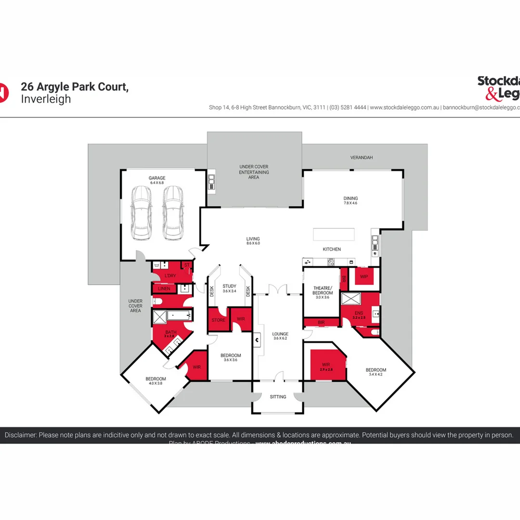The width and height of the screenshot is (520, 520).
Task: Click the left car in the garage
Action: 142,213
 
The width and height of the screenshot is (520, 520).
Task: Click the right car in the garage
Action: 173,213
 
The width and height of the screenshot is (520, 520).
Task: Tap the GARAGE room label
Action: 157,178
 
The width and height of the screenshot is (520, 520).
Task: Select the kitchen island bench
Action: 333,234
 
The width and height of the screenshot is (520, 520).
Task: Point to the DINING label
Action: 351,198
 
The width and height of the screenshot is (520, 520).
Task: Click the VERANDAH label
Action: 361,157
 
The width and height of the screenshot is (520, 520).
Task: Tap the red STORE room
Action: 218,320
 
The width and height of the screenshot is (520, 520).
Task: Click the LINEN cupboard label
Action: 164,289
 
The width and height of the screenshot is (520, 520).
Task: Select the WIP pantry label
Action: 364,277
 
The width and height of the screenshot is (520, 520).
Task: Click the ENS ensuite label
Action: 359,313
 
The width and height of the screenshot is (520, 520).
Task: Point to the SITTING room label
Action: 278,397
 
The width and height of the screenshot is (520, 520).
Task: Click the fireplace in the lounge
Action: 258,340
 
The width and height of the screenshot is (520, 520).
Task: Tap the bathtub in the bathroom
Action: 179,316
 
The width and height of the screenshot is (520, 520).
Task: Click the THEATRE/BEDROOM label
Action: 323,290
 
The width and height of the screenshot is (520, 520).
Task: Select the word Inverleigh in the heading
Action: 46,99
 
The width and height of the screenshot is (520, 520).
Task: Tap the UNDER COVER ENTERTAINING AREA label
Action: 254,172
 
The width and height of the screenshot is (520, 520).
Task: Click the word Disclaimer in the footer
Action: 20,435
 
